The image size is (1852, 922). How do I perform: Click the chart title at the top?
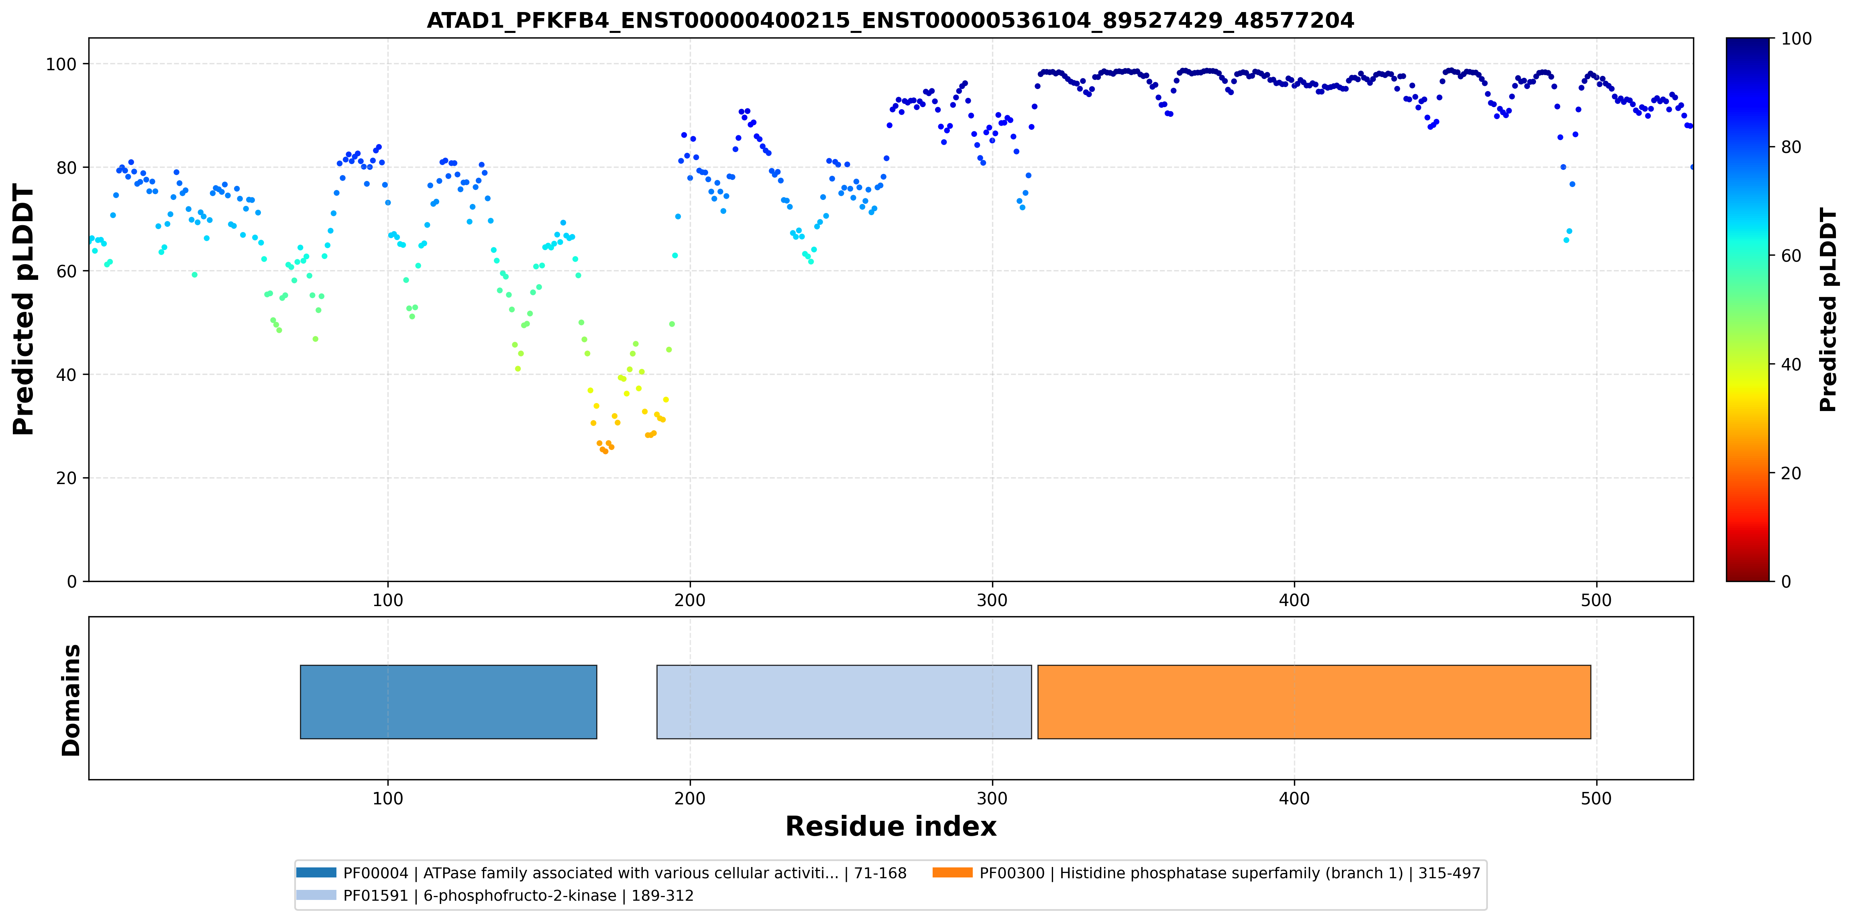click(x=890, y=20)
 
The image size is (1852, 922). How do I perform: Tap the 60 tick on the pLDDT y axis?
click(x=66, y=271)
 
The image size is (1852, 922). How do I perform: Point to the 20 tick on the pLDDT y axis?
click(x=66, y=478)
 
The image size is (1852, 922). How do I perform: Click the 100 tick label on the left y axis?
click(x=61, y=64)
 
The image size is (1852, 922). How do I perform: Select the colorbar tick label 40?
click(x=1791, y=364)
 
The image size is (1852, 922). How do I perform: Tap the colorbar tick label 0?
click(x=1786, y=581)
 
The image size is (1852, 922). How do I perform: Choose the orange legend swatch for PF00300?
click(x=953, y=872)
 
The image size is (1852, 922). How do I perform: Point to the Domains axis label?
click(x=71, y=700)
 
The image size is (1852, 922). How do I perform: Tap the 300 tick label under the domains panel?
click(x=992, y=798)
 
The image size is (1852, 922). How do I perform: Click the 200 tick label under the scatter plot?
click(x=690, y=600)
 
